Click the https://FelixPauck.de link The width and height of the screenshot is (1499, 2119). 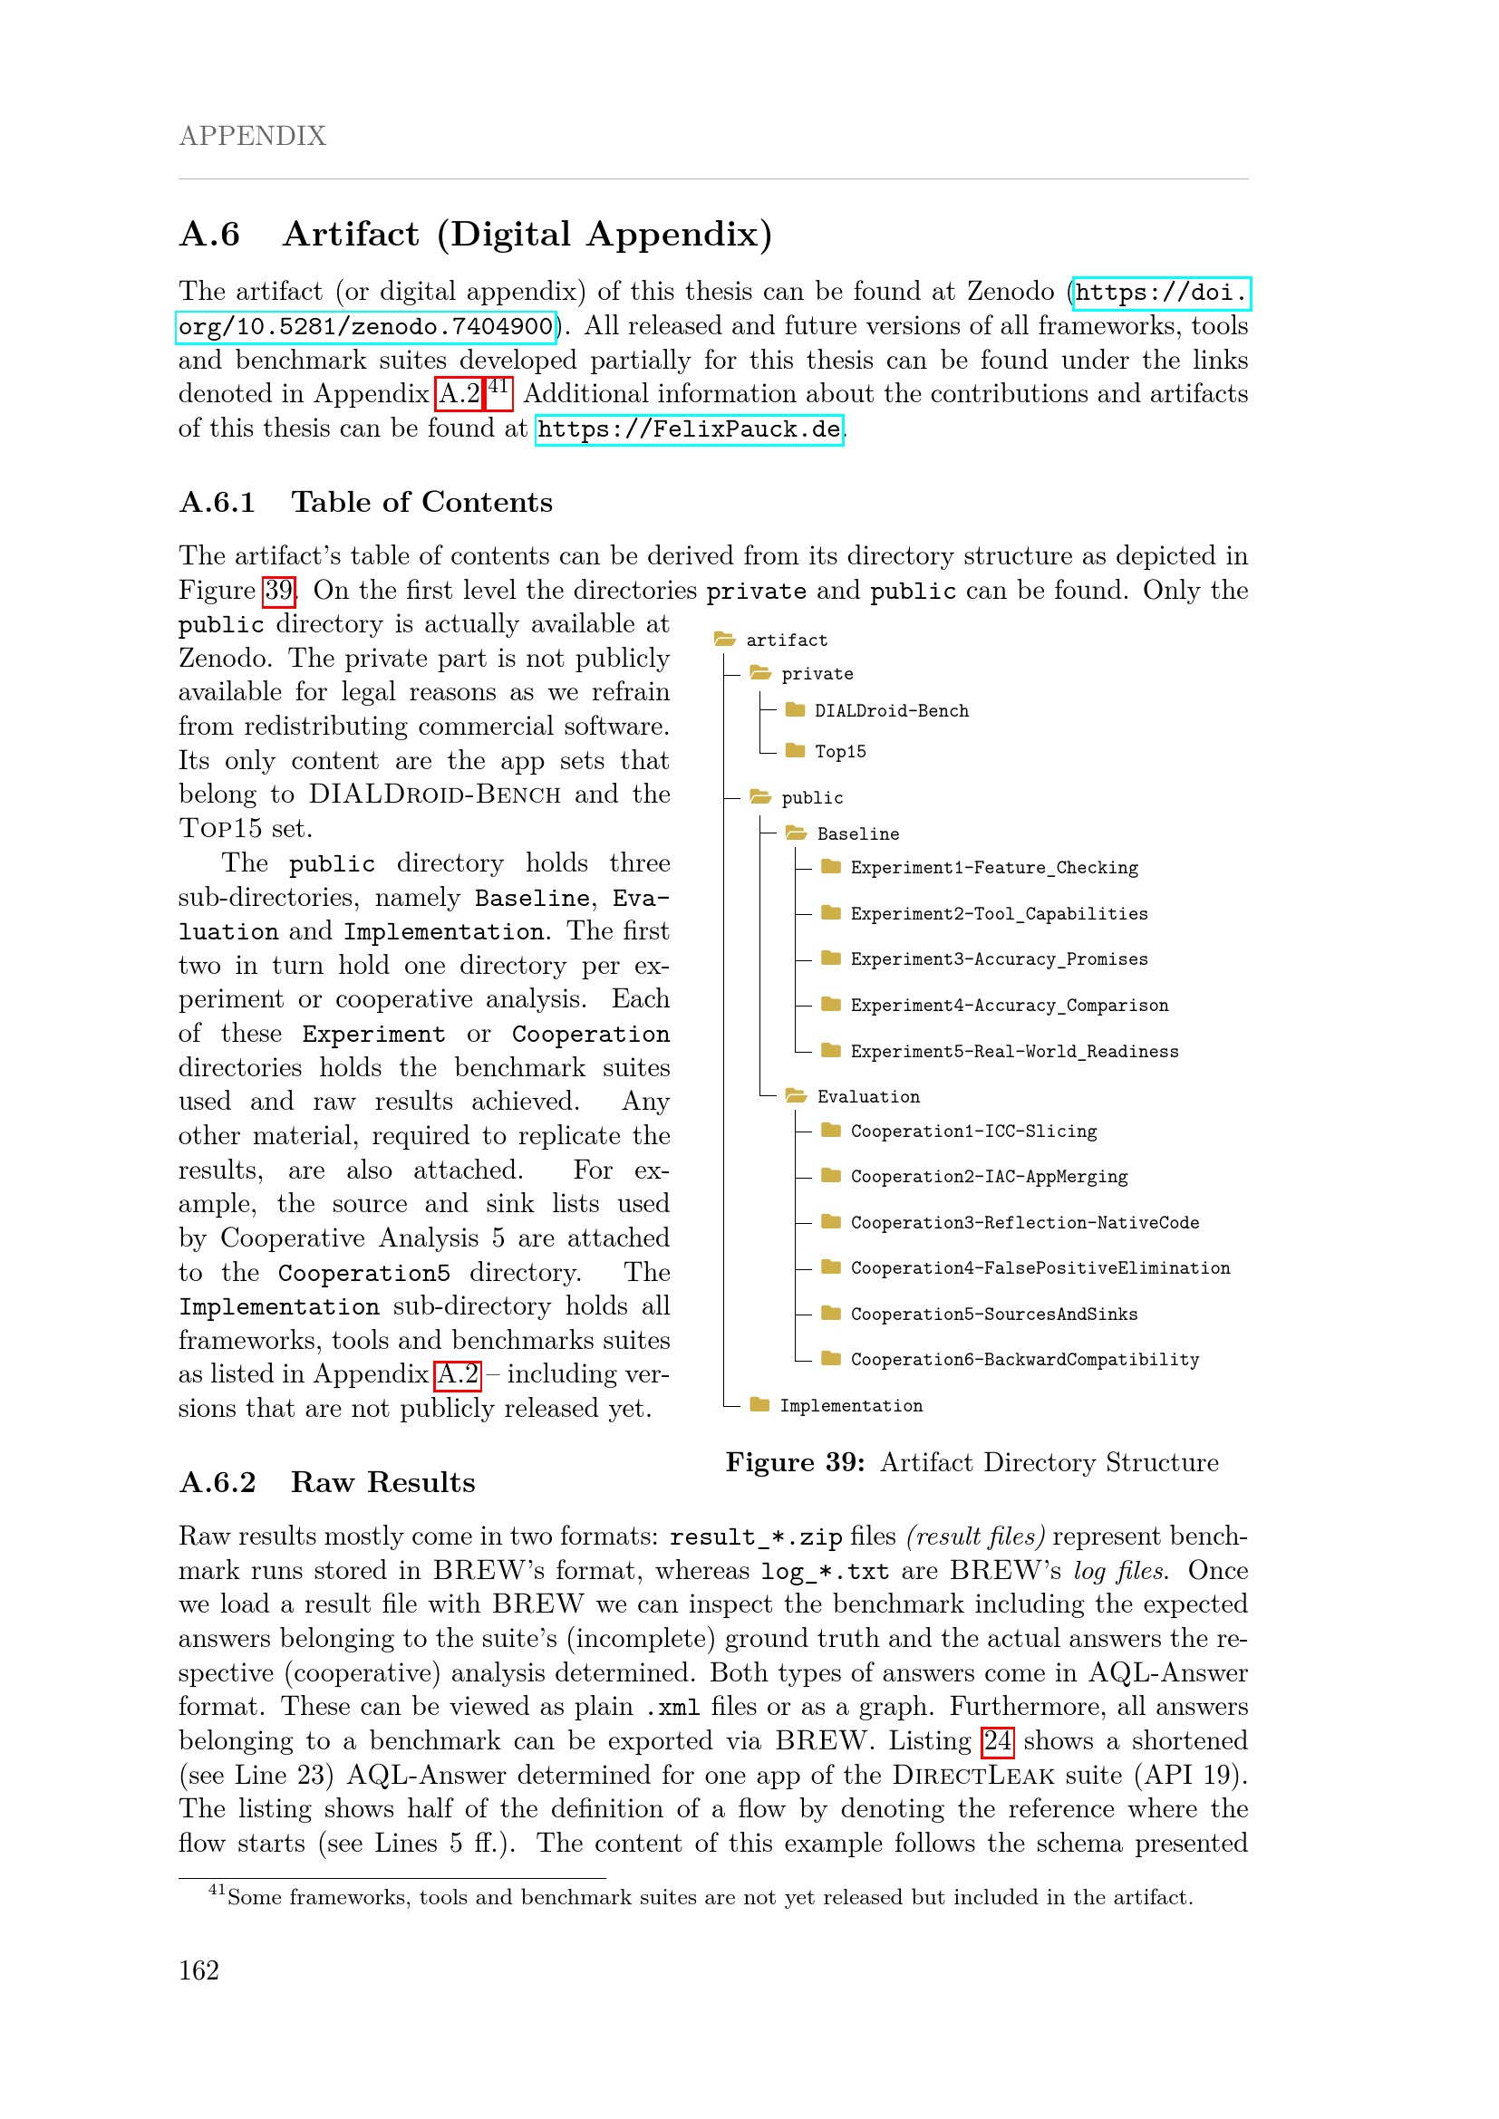(x=689, y=429)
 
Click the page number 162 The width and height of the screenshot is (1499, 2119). (x=198, y=1970)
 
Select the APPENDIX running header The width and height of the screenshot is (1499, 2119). (x=252, y=136)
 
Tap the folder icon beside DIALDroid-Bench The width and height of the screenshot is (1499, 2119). (x=795, y=709)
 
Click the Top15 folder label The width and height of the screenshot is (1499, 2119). (x=840, y=751)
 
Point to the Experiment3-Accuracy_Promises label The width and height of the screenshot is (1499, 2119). (x=999, y=958)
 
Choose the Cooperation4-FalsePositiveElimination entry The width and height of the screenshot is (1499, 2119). (x=1040, y=1268)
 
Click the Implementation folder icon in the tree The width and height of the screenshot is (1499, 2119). (x=759, y=1405)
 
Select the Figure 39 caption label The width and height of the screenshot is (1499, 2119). (x=794, y=1463)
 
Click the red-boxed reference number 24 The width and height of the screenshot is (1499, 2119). (x=997, y=1740)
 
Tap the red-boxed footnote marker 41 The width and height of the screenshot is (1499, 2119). (x=498, y=388)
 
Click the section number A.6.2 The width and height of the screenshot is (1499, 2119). (x=217, y=1482)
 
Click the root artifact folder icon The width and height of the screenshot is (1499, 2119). (x=725, y=640)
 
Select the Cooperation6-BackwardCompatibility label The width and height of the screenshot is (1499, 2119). (x=1025, y=1360)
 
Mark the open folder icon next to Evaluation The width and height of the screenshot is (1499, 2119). (x=795, y=1095)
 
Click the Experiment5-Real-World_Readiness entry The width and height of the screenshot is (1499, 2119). (x=1013, y=1051)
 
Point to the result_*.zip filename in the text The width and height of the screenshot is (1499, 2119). (x=755, y=1536)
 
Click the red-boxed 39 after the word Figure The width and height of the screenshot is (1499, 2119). (x=279, y=590)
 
